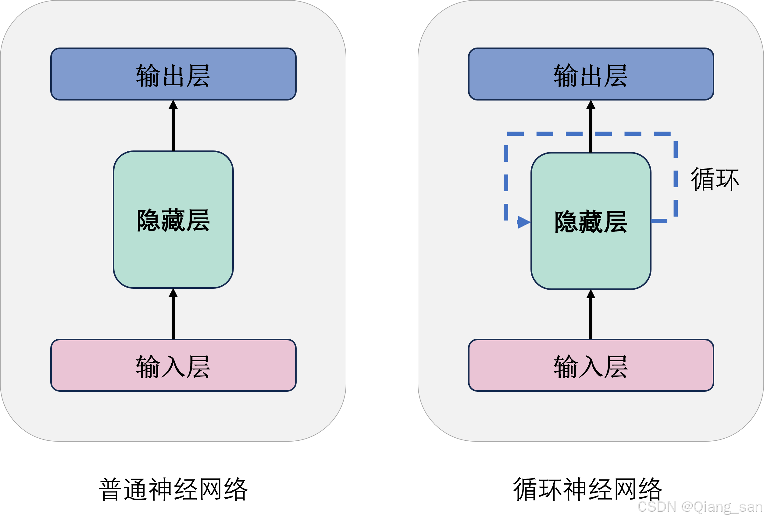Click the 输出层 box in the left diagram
coord(173,74)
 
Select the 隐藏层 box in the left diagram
coord(173,219)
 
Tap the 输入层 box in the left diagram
coord(173,365)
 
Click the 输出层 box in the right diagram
coord(591,74)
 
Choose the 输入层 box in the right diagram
coord(591,365)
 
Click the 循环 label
coord(715,179)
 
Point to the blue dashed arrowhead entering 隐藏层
coord(524,222)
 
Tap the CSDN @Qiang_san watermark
coord(700,506)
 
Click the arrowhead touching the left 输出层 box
coord(173,105)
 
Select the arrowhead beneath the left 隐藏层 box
coord(173,293)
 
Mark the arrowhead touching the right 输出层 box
coord(591,105)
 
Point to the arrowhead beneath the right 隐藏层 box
coord(591,294)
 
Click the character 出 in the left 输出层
coord(173,76)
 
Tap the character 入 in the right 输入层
coord(591,367)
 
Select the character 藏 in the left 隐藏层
coord(173,220)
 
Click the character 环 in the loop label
coord(727,180)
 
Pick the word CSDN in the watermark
coord(656,506)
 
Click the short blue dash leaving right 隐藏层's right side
coord(659,221)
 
